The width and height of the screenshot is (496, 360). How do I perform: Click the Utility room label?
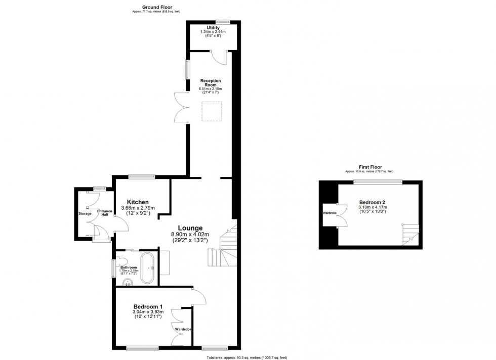click(x=213, y=28)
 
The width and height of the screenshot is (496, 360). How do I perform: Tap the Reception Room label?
click(x=211, y=81)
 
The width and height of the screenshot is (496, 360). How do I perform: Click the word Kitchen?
click(x=138, y=202)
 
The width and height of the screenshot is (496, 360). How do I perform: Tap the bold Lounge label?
click(x=190, y=228)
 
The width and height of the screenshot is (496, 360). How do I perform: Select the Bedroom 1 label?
click(x=148, y=306)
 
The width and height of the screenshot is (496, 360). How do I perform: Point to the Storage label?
click(x=85, y=214)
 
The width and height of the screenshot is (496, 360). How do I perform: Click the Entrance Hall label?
click(x=105, y=213)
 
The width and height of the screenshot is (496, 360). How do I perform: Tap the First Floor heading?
click(x=370, y=167)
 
